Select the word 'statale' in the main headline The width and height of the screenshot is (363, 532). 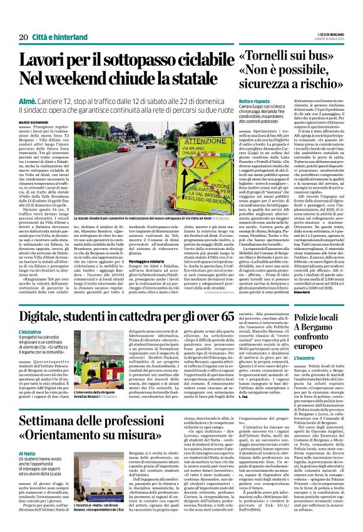(199, 80)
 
